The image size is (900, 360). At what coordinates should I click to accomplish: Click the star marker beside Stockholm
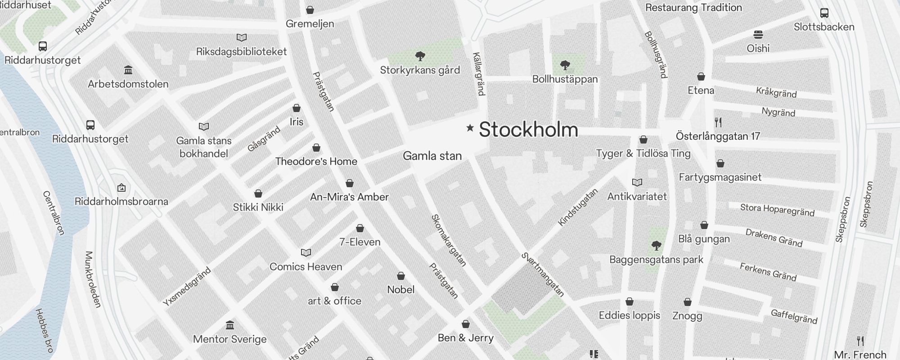tap(470, 128)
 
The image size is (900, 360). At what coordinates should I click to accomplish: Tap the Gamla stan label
tap(432, 156)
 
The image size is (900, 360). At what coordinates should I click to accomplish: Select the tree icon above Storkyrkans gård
tap(420, 56)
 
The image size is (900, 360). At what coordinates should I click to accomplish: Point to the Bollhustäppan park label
tap(565, 79)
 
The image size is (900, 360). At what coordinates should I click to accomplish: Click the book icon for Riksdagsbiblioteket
tap(242, 38)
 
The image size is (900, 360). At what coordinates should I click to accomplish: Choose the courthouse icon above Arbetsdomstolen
tap(128, 70)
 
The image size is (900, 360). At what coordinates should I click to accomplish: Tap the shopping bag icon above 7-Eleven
tap(360, 228)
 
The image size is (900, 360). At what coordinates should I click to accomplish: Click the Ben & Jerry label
tap(465, 338)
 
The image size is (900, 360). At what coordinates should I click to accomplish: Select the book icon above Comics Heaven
tap(306, 252)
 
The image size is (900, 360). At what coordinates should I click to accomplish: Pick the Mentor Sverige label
tap(229, 339)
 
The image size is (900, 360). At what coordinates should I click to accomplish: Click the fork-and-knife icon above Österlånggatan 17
tap(718, 122)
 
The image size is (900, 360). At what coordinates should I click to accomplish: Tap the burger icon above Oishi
tap(758, 35)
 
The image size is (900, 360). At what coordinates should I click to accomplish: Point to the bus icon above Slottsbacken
tap(824, 13)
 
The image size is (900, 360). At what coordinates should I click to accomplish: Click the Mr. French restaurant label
tap(860, 355)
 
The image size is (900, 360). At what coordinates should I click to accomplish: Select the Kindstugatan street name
tap(578, 207)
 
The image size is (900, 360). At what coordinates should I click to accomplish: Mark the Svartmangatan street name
tap(543, 274)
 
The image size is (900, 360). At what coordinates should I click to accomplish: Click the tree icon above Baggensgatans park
tap(657, 246)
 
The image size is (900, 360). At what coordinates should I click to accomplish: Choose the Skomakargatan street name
tap(449, 240)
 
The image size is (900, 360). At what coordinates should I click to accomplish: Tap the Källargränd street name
tap(478, 74)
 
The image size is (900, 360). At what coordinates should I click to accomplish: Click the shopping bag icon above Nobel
tap(401, 276)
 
